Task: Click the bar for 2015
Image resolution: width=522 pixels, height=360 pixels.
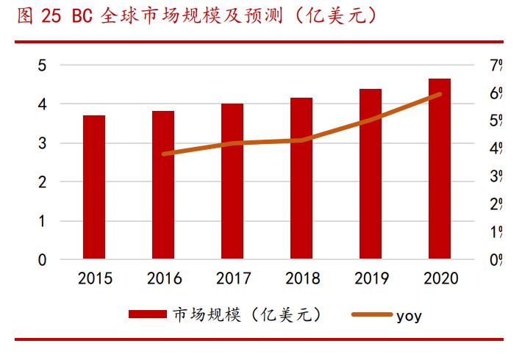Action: tap(93, 187)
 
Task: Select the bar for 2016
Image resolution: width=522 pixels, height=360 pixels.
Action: tap(163, 185)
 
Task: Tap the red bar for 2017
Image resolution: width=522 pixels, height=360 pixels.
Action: tap(232, 181)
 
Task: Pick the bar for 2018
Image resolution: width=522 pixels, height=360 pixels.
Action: tap(301, 179)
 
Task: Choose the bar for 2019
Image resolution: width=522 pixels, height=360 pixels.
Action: tap(371, 174)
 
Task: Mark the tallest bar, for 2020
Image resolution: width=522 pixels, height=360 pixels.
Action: tap(440, 169)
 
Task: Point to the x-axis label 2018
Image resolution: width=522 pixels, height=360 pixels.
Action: tap(301, 279)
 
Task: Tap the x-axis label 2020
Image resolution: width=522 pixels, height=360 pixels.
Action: tap(440, 279)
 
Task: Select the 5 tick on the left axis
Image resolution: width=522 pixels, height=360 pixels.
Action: tap(42, 66)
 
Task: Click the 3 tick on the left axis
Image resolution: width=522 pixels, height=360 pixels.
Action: tap(42, 143)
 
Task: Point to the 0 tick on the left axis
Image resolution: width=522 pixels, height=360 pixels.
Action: tap(42, 259)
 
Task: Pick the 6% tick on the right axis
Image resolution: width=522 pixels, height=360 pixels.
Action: tap(496, 93)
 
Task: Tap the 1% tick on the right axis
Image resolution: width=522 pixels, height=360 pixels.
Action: tap(496, 232)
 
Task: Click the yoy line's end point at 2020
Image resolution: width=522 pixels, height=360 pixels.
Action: tap(440, 94)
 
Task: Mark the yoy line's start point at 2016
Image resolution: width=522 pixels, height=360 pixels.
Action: tap(163, 154)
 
